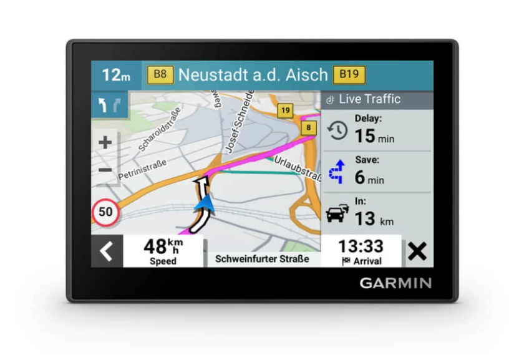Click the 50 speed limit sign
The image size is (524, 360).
[x=105, y=212]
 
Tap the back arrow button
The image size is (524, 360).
[x=107, y=251]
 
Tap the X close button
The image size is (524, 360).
[x=417, y=251]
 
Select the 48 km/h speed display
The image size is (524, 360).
[x=163, y=251]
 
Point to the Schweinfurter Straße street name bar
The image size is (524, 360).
[x=262, y=258]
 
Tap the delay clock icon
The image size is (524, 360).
[x=337, y=130]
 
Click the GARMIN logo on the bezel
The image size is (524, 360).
[x=395, y=283]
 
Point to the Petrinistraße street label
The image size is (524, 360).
[x=142, y=165]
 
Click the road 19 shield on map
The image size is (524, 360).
[x=285, y=111]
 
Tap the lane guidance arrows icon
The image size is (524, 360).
[x=109, y=105]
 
